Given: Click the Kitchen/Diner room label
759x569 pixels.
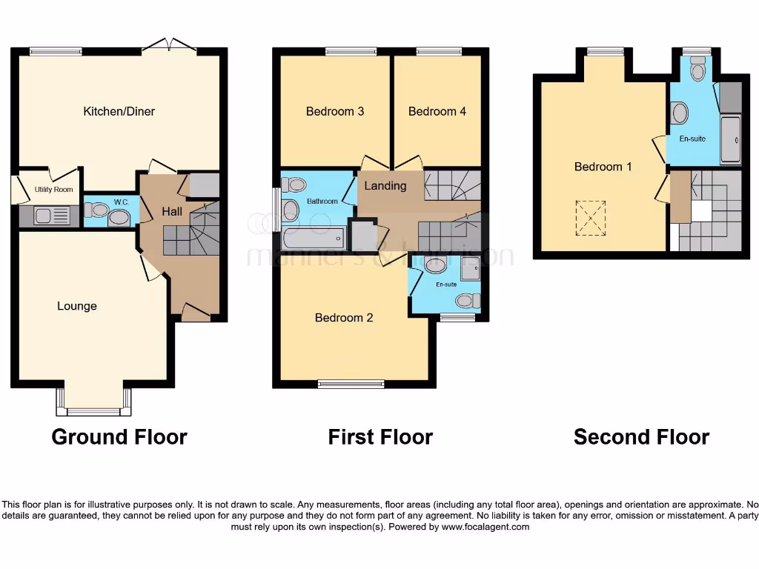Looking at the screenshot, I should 119,111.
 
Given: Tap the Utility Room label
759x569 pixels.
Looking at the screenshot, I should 54,190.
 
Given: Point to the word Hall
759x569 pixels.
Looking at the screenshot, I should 172,212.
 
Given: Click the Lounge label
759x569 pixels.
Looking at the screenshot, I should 77,306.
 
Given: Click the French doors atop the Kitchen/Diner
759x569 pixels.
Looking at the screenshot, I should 169,48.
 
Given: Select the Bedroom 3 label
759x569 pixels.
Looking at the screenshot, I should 335,111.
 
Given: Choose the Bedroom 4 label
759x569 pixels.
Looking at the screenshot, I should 437,111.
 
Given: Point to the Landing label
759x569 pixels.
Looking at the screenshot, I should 385,185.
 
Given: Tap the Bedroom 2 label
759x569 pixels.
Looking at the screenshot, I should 344,317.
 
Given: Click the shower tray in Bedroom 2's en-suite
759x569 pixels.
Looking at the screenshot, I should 469,272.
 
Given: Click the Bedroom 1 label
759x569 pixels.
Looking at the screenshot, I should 603,167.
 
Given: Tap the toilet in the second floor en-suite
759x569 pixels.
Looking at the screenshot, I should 697,71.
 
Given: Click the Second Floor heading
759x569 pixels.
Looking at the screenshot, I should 641,437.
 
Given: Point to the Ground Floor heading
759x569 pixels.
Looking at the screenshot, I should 119,437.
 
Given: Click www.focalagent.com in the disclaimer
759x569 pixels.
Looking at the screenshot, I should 485,527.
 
